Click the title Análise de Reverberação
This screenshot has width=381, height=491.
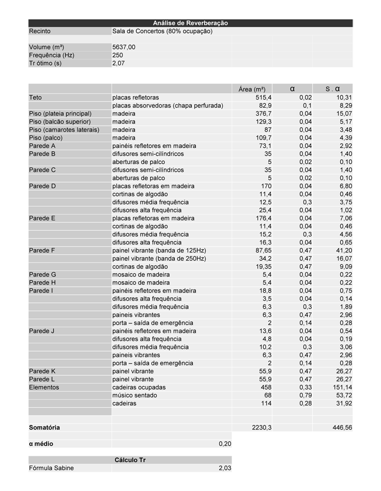click(190, 23)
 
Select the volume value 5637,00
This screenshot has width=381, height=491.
click(124, 47)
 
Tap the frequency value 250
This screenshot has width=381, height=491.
click(118, 55)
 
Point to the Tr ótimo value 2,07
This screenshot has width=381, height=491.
click(118, 63)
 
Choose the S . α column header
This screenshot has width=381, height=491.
click(332, 89)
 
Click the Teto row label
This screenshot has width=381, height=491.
click(36, 98)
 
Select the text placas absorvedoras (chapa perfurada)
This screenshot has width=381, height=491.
click(167, 105)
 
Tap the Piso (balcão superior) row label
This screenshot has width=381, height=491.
click(60, 121)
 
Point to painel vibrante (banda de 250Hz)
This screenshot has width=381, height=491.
click(159, 258)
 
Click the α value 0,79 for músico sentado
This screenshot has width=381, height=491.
click(306, 395)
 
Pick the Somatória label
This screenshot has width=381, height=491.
click(44, 428)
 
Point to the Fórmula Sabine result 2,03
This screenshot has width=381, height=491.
click(224, 468)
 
